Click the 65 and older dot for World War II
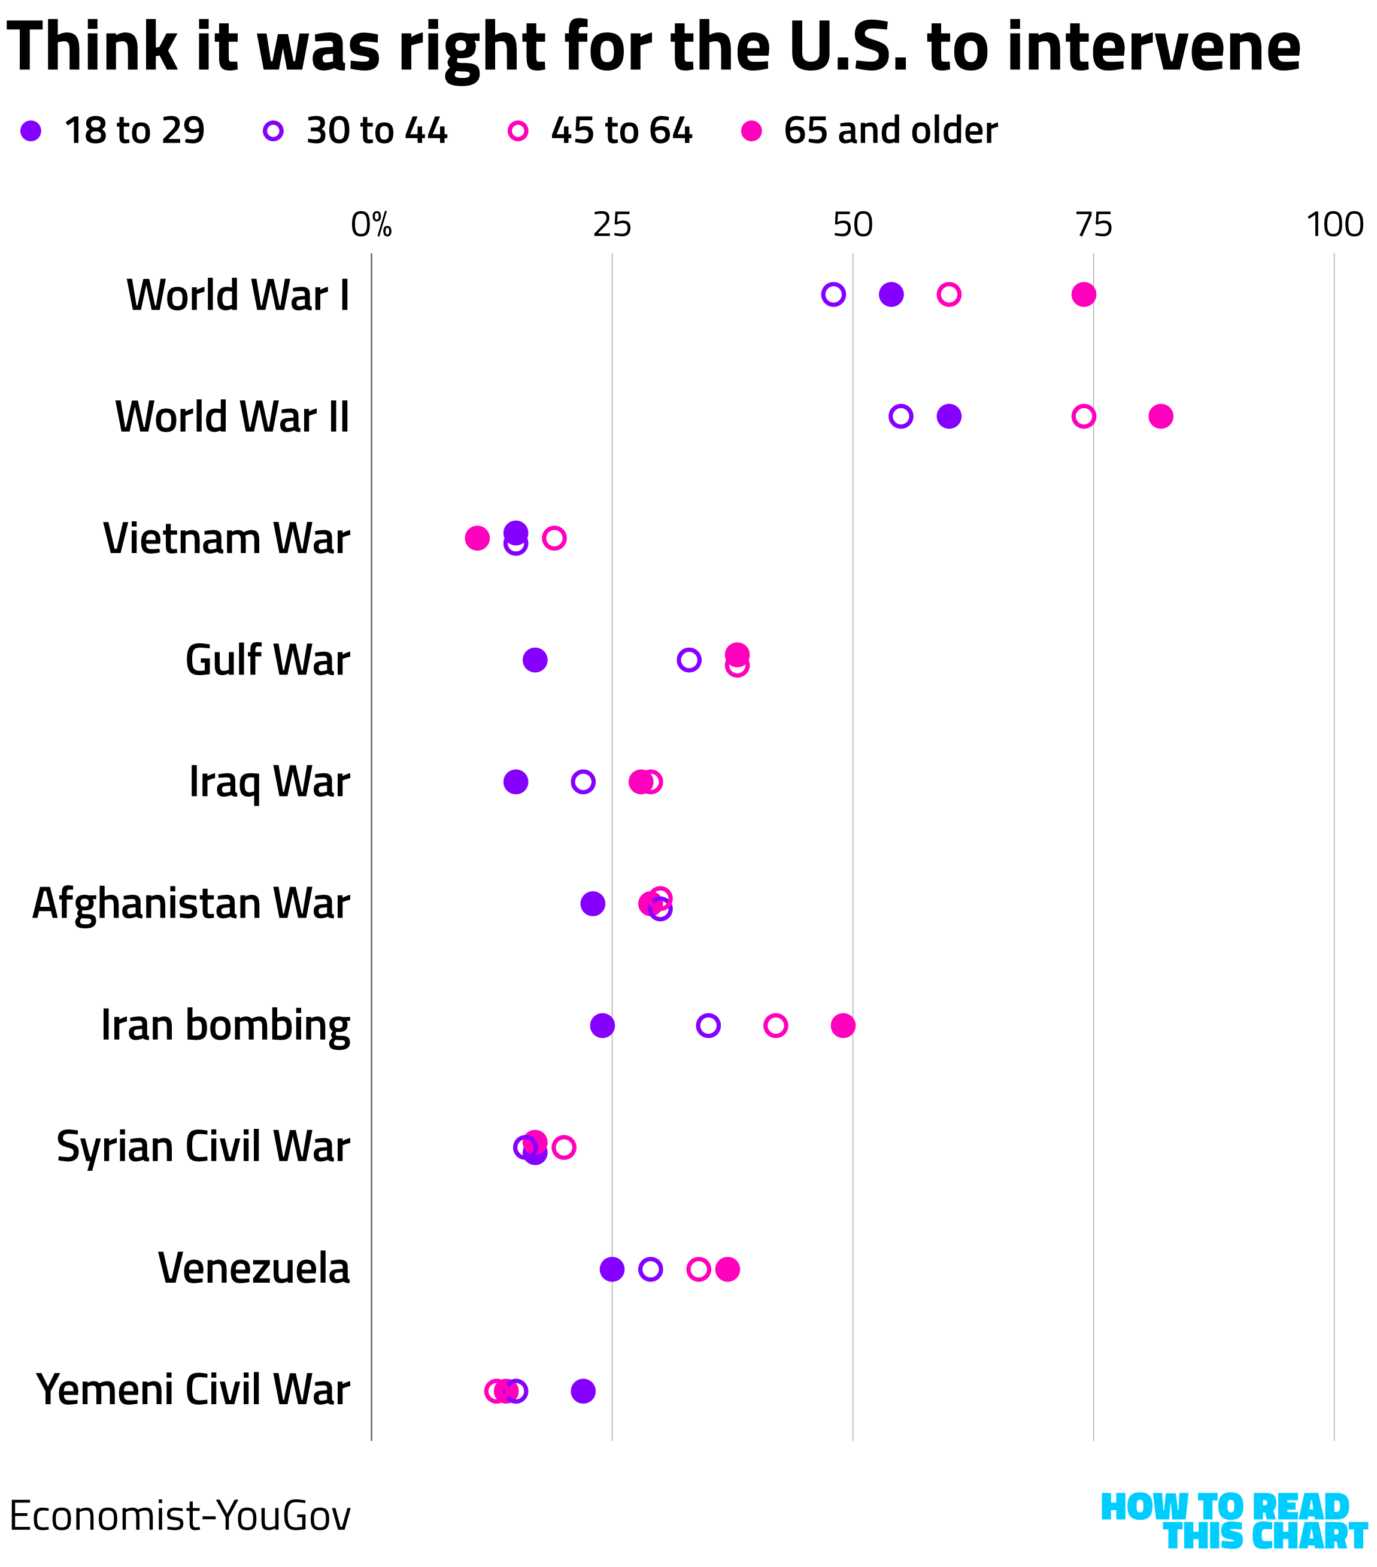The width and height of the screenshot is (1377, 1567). pos(1160,416)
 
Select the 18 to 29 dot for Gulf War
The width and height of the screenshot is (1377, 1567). pos(535,660)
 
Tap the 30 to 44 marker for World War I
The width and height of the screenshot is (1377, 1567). pos(833,294)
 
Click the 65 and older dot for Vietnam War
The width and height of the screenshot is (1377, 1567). pos(477,538)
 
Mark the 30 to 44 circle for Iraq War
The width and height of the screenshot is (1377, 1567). pos(584,782)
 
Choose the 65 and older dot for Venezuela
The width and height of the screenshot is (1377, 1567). pos(727,1269)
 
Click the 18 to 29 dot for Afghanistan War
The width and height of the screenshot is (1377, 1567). pos(593,904)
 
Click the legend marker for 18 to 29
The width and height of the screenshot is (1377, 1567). pos(31,131)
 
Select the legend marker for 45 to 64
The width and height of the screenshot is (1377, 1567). pos(518,131)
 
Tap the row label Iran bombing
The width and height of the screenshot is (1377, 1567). pos(226,1026)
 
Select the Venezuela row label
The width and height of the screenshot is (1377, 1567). pos(254,1269)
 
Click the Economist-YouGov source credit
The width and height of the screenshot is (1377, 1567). pos(180,1516)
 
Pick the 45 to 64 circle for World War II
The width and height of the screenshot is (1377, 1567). pos(1084,416)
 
